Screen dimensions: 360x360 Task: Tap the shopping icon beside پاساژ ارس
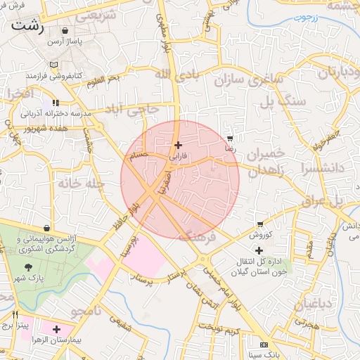[x=65, y=31]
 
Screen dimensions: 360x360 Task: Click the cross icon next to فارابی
[x=178, y=145]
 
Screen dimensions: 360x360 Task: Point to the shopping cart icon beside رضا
[x=230, y=138]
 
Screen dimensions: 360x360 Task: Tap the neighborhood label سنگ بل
[x=266, y=101]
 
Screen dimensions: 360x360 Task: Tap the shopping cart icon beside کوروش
[x=260, y=225]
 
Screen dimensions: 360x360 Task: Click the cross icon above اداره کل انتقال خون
[x=259, y=250]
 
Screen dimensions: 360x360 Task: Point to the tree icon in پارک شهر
[x=29, y=267]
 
